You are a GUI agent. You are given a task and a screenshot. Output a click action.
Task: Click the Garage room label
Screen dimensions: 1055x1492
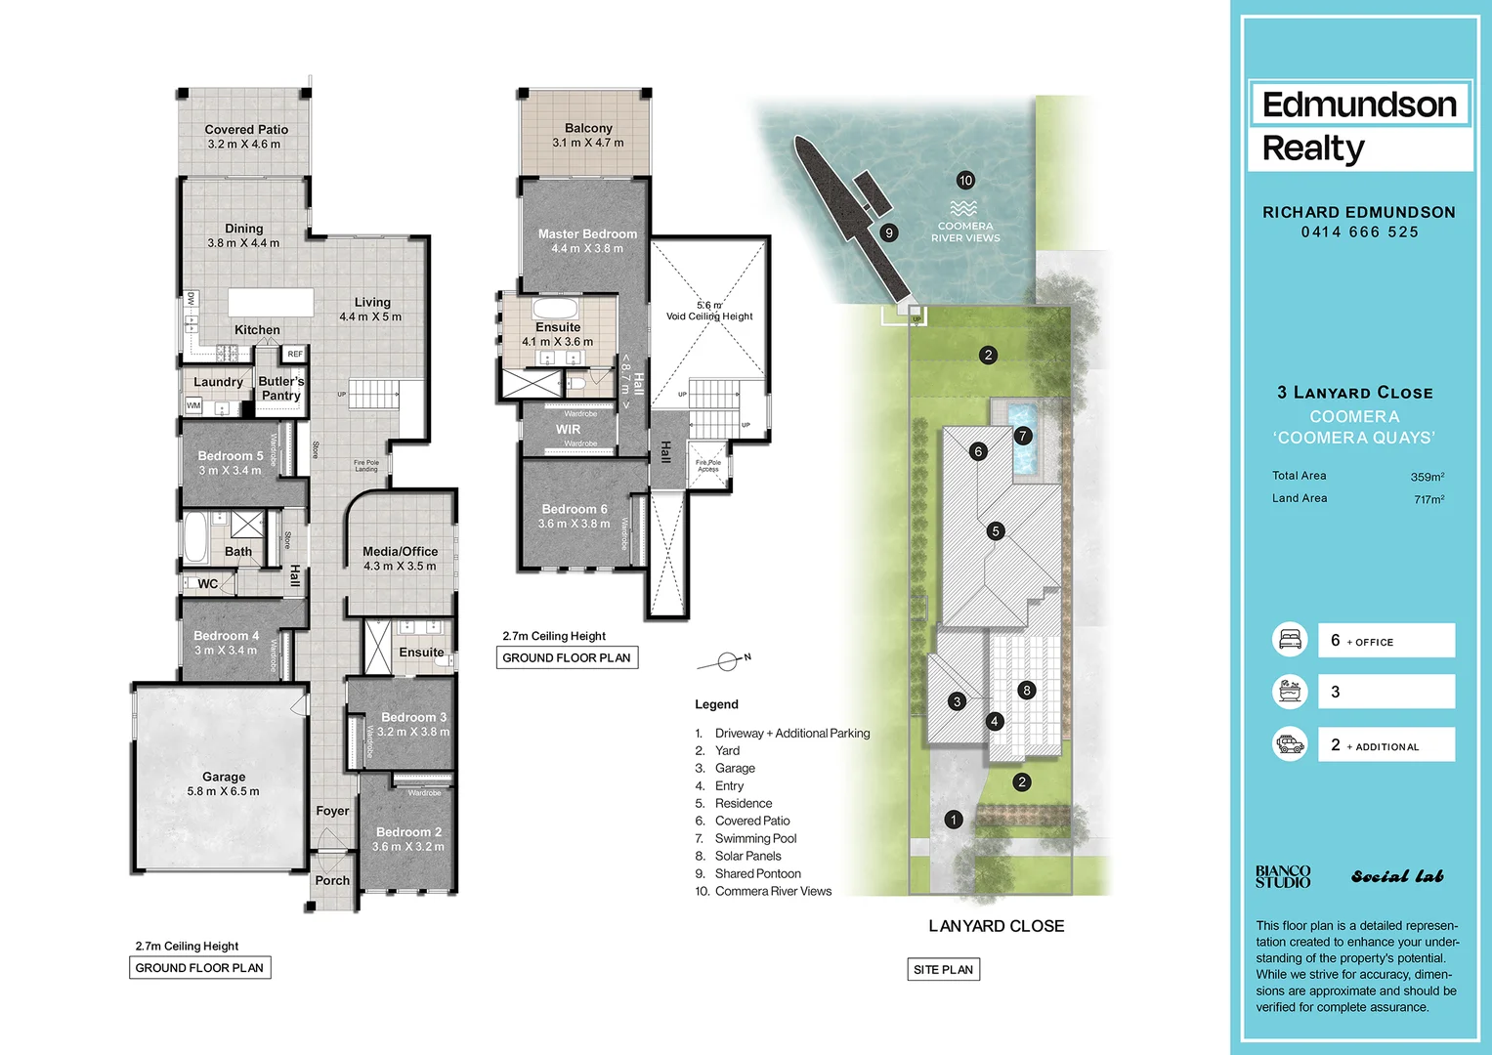click(224, 778)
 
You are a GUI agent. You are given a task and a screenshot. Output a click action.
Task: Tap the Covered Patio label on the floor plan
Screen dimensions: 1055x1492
click(246, 130)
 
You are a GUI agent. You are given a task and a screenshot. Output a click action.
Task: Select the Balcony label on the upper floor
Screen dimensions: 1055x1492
click(588, 129)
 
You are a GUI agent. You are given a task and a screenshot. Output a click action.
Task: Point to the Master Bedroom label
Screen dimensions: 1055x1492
click(587, 234)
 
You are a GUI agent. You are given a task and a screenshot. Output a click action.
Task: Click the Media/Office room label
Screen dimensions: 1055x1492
click(400, 552)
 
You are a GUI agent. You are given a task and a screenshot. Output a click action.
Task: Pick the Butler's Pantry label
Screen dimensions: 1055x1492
click(281, 389)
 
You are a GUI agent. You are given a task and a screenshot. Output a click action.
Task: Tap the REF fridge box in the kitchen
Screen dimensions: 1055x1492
click(295, 354)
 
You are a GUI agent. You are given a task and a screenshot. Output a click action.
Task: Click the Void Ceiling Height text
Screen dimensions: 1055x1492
click(709, 316)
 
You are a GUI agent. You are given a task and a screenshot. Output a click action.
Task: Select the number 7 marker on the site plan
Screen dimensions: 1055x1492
click(1023, 436)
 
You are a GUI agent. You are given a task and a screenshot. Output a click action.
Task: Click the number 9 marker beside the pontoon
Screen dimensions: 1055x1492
click(888, 232)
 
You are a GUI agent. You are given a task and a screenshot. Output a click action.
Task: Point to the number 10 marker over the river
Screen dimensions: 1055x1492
click(965, 181)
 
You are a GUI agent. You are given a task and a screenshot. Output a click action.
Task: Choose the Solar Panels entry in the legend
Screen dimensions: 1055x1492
click(747, 857)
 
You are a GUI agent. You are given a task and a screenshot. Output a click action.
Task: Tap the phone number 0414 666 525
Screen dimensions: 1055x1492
click(1359, 232)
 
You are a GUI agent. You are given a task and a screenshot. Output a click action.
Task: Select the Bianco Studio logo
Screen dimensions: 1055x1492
click(1283, 876)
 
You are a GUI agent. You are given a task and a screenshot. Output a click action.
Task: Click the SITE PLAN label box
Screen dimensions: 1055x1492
click(943, 970)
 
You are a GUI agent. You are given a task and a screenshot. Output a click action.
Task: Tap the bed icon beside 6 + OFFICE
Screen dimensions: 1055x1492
click(1290, 640)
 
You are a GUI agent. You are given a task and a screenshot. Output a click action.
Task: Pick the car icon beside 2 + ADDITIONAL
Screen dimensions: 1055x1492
click(1290, 744)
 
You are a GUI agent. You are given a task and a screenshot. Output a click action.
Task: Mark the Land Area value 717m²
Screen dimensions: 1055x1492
click(1428, 499)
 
